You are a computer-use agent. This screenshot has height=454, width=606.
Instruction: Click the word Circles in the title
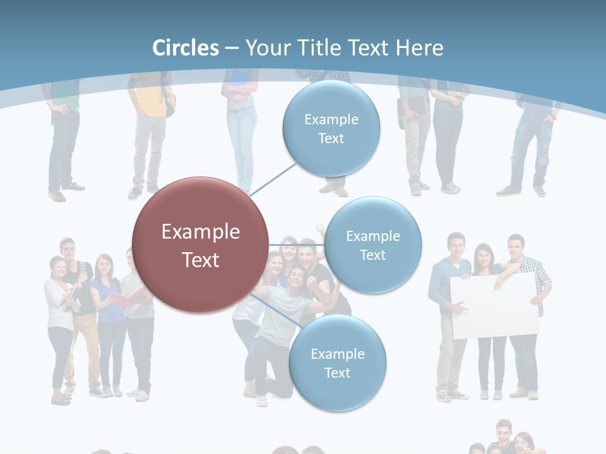pos(185,48)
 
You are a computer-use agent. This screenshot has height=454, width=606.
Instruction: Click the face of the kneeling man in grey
pos(295,277)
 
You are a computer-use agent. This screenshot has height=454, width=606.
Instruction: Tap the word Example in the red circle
pos(200,232)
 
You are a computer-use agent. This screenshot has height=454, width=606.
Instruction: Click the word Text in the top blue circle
pos(331,139)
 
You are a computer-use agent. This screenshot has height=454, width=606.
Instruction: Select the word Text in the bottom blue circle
pos(337,373)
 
